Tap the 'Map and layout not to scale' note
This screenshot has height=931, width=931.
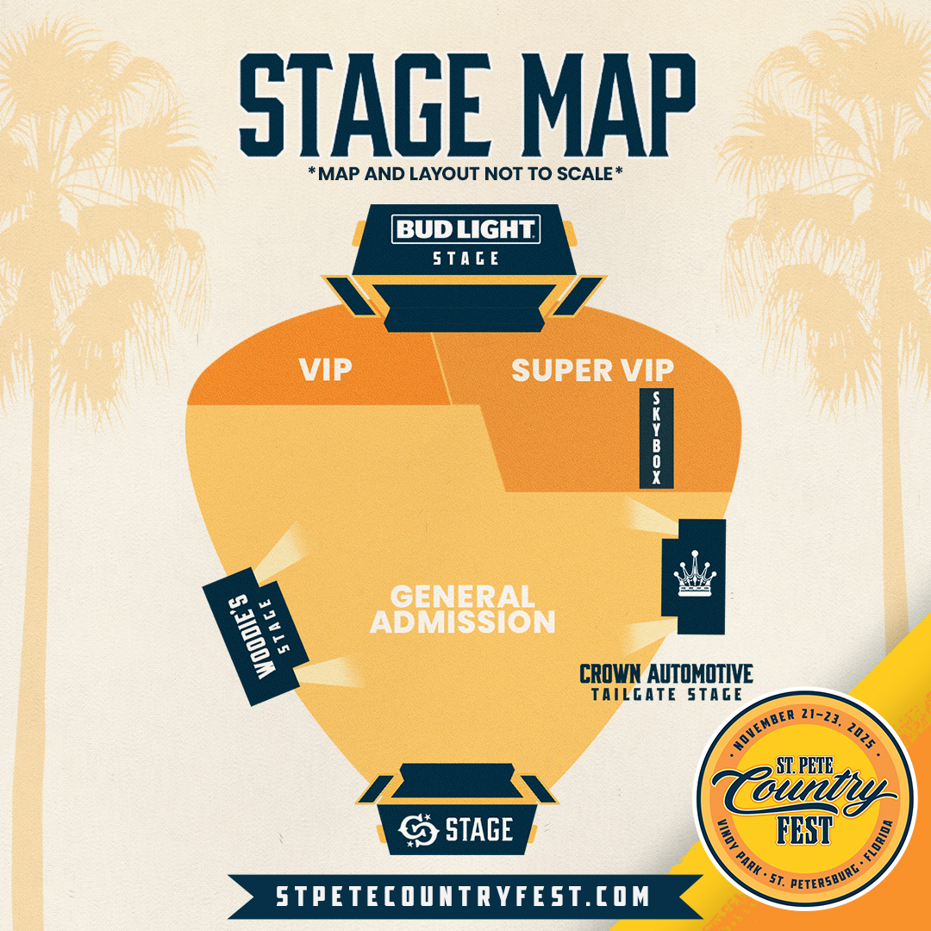click(x=465, y=172)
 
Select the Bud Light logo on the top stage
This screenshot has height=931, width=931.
click(x=466, y=229)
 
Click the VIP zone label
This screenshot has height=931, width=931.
click(x=326, y=370)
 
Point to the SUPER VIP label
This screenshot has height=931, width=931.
click(x=592, y=371)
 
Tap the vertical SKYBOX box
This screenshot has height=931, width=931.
click(x=656, y=437)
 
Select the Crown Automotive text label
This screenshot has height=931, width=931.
click(x=665, y=673)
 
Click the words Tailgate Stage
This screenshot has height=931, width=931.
click(x=665, y=694)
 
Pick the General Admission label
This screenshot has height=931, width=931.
click(x=463, y=609)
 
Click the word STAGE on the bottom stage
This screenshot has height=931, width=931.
click(x=479, y=830)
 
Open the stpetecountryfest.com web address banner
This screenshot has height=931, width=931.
click(x=463, y=896)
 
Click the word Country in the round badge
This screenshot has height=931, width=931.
click(x=803, y=787)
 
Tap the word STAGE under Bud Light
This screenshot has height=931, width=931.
click(x=466, y=258)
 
